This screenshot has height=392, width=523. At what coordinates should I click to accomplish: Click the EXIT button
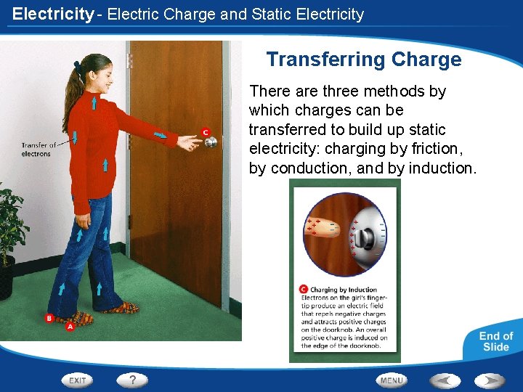click(x=78, y=380)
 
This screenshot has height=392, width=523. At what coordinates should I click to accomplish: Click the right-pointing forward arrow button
click(x=489, y=380)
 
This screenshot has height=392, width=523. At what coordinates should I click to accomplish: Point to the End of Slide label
click(x=495, y=341)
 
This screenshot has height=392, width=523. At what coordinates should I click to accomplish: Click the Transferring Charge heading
click(x=363, y=60)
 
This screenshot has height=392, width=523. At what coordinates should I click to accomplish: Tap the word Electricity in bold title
click(x=53, y=14)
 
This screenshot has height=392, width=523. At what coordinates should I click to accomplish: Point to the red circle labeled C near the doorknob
click(x=206, y=132)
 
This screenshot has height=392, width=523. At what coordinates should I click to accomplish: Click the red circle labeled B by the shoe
click(x=49, y=318)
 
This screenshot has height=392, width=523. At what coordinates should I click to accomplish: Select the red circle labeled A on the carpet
click(x=70, y=327)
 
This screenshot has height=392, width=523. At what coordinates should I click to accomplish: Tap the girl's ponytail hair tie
click(x=76, y=66)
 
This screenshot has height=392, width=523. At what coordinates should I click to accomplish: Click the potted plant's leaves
click(x=11, y=225)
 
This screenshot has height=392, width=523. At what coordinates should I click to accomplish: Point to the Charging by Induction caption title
click(x=344, y=290)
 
